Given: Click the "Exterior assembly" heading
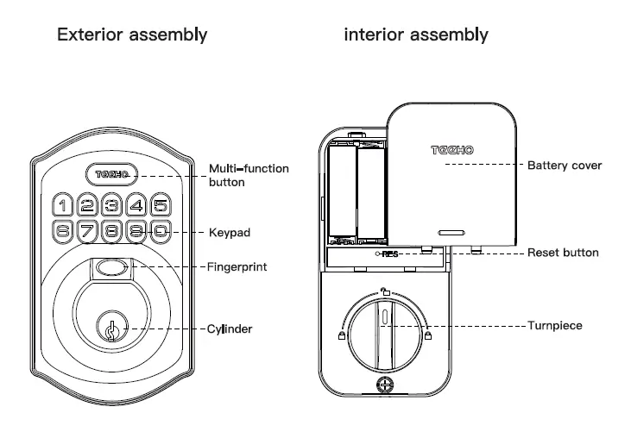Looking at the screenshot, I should point(131,35).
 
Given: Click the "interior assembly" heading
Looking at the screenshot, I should point(415,35).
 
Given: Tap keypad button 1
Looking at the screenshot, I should point(63,205).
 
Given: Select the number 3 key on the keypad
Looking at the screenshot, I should point(111,205).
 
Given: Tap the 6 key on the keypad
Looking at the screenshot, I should point(63,231).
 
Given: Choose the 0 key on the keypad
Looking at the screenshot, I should point(161,231).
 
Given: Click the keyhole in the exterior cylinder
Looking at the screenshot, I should point(111,329).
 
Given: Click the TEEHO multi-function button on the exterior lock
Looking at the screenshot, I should point(112,174).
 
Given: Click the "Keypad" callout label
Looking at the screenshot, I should point(230,233).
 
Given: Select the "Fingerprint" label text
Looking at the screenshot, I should point(237,267).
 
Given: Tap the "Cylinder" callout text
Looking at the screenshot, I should point(230,329).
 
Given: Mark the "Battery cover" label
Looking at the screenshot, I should point(564,165).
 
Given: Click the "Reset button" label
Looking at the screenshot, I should point(563,253).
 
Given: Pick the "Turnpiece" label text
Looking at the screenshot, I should point(555,326).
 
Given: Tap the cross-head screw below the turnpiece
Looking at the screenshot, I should point(384,390).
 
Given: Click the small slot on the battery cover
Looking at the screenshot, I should point(450,232).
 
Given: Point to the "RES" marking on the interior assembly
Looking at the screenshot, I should point(389,254).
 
